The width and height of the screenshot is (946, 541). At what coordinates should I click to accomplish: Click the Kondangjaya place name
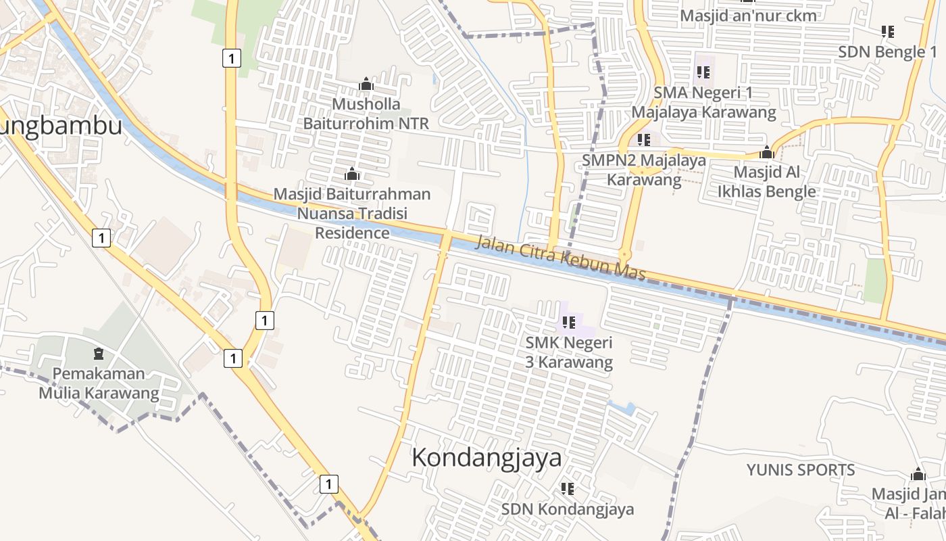tap(487, 458)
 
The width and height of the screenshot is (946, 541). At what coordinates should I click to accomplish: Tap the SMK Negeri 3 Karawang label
tap(569, 352)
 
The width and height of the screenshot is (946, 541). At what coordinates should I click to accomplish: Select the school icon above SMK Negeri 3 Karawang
tap(568, 323)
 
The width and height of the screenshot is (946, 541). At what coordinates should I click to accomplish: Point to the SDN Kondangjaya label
tap(568, 509)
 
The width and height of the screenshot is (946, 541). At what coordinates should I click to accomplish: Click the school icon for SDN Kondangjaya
tap(568, 488)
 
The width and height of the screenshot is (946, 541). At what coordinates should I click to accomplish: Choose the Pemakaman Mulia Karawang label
tap(99, 383)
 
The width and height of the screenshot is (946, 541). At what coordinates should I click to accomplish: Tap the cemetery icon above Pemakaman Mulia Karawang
tap(99, 353)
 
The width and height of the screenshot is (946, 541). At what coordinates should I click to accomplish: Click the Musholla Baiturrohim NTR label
tap(366, 114)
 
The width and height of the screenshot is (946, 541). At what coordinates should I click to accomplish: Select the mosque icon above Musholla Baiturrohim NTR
tap(366, 84)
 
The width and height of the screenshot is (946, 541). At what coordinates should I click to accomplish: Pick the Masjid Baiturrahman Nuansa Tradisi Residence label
tap(351, 214)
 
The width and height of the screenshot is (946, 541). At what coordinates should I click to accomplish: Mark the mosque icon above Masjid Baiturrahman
tap(351, 174)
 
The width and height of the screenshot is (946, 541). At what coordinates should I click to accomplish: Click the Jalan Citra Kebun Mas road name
tap(560, 258)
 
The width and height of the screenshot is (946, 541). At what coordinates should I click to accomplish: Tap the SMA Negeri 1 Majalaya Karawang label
tap(703, 102)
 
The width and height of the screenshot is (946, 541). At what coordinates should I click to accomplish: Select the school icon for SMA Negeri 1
tap(703, 72)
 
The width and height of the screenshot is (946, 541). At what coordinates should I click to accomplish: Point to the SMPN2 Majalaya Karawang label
tap(644, 170)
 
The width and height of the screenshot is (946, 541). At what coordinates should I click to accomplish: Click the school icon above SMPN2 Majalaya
tap(643, 140)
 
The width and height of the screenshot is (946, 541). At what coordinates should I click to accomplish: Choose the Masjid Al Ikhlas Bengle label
tap(766, 181)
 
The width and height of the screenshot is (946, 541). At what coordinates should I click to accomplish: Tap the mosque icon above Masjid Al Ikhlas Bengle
tap(766, 151)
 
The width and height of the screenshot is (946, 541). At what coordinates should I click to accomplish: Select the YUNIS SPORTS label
tap(800, 469)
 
